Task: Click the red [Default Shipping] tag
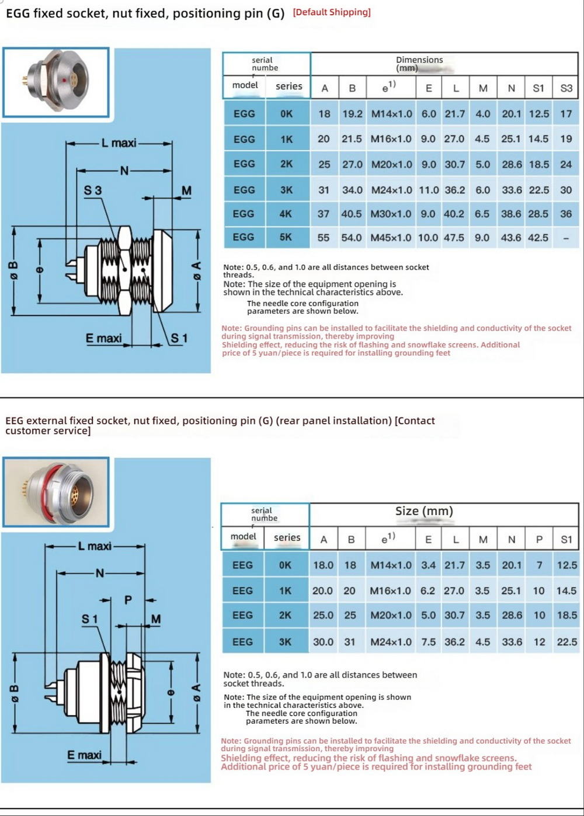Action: (x=332, y=12)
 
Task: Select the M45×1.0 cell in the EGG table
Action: (x=391, y=238)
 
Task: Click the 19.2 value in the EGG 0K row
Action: (x=352, y=114)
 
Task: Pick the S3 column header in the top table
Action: (x=566, y=88)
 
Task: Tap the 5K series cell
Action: (x=286, y=237)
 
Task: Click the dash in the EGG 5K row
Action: (x=566, y=238)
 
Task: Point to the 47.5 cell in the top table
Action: (x=454, y=238)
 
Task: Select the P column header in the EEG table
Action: (x=539, y=540)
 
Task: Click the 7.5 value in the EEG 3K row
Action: (x=429, y=642)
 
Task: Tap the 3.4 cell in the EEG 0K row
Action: (x=429, y=565)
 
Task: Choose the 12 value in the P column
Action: (x=539, y=642)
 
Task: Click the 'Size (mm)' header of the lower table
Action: (x=424, y=511)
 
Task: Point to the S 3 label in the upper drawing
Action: (x=92, y=190)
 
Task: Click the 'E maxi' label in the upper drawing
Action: (x=103, y=338)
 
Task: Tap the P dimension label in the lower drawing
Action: (x=128, y=600)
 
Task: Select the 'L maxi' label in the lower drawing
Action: (x=95, y=546)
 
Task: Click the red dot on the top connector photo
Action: (x=64, y=80)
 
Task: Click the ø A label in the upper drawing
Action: (x=196, y=270)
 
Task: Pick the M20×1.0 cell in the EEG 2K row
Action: (x=391, y=616)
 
